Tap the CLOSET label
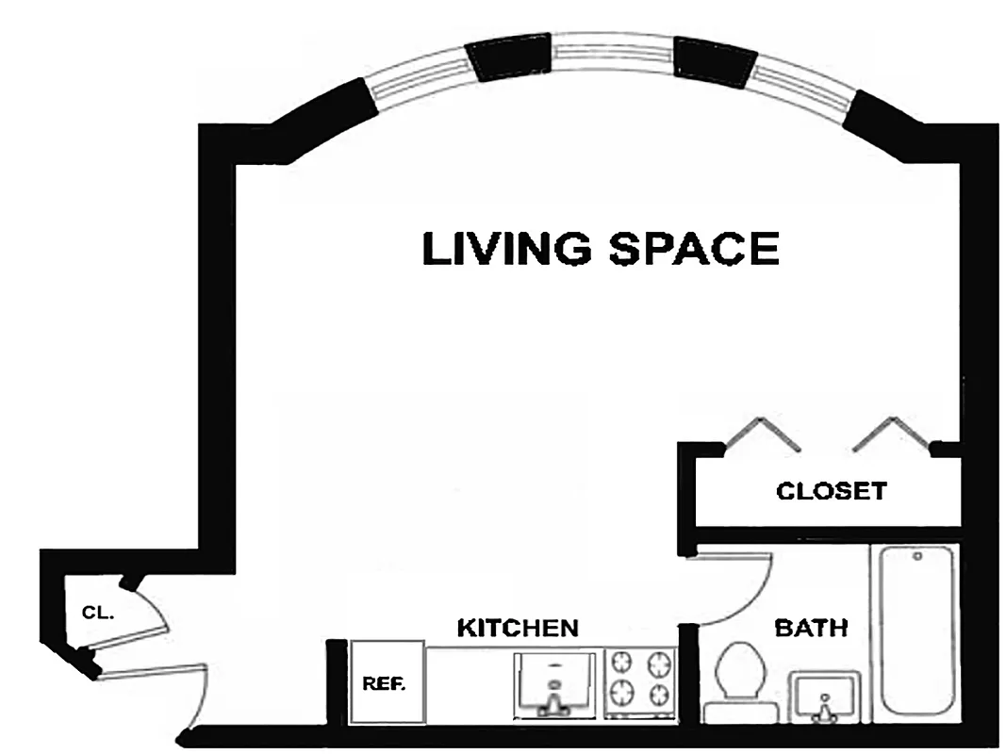(831, 491)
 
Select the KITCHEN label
(517, 628)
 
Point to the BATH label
(810, 627)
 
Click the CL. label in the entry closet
(98, 612)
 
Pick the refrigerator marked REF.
(385, 683)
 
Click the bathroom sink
(825, 697)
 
